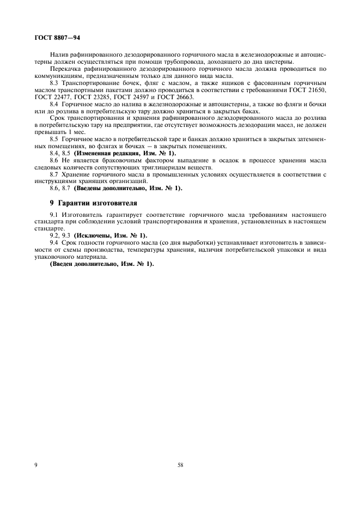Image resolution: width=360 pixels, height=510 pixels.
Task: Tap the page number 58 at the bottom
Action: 180,465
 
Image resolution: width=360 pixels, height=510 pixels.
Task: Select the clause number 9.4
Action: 54,241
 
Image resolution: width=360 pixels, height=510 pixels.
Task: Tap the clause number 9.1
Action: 54,215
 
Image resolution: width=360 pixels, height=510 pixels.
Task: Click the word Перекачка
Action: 64,69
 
